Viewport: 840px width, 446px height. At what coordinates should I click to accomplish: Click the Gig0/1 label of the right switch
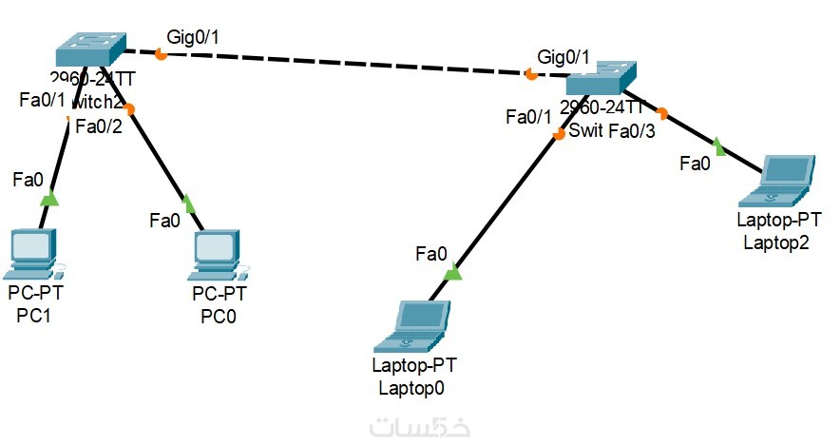(563, 57)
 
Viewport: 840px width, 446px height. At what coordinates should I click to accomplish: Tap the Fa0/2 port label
(99, 126)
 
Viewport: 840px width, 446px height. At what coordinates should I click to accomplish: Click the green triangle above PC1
(49, 199)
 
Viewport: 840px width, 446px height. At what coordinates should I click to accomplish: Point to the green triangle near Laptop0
(453, 273)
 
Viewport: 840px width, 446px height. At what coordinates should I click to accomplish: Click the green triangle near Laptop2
(718, 147)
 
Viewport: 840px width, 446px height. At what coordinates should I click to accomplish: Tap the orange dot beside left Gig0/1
(161, 55)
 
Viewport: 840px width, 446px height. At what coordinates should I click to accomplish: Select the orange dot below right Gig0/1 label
(530, 74)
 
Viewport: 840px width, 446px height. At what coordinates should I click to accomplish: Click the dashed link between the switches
(342, 64)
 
